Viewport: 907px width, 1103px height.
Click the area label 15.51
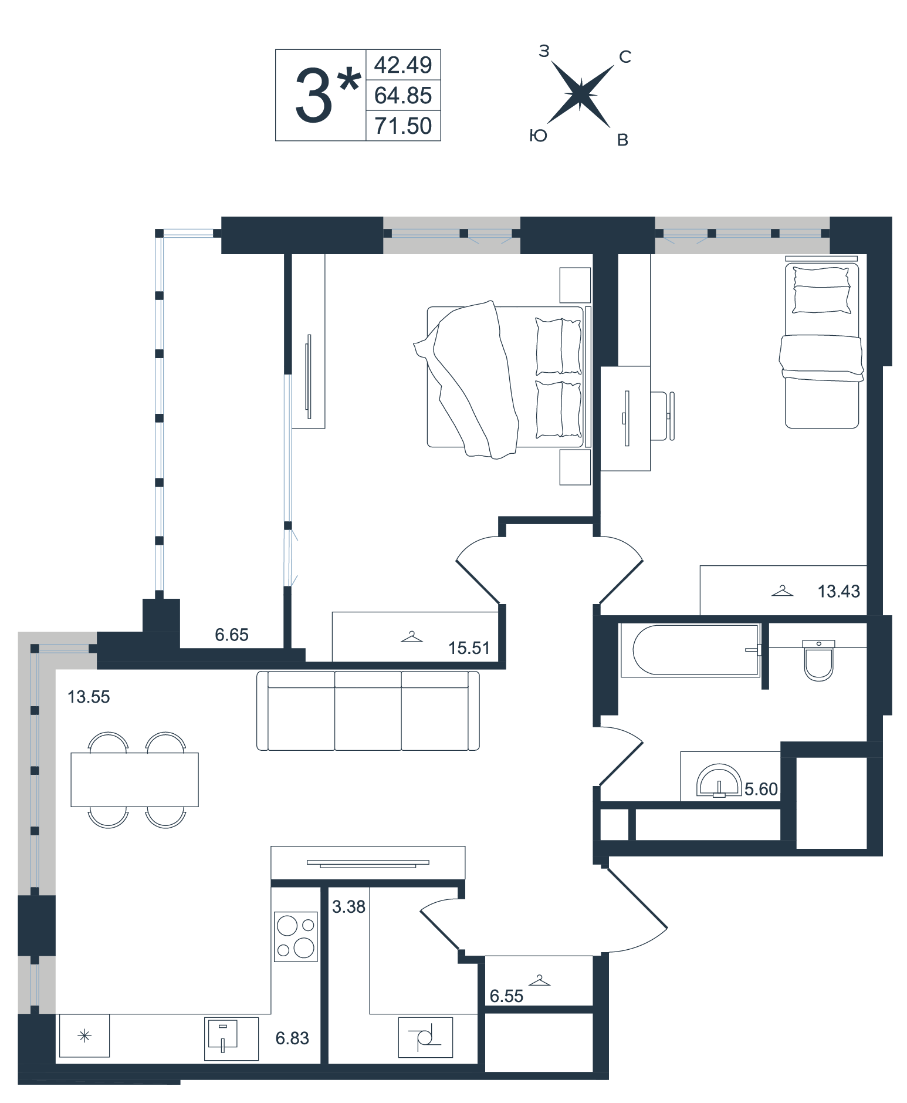[x=469, y=647]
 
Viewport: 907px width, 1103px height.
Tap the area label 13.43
[x=838, y=591]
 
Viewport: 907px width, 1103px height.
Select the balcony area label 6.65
[x=232, y=635]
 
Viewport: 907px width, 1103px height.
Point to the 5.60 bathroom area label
[x=761, y=789]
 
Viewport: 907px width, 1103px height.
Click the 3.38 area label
[x=348, y=907]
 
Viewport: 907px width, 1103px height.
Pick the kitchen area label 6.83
[x=292, y=1038]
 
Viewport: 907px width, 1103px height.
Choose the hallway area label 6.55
[x=506, y=996]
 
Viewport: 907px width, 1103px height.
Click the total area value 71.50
[x=403, y=126]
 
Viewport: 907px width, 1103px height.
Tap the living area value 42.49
[x=403, y=65]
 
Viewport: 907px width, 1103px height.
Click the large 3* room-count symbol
[x=326, y=95]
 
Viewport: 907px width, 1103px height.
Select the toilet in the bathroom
[x=818, y=660]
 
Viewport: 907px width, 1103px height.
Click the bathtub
[x=691, y=650]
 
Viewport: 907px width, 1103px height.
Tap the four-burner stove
[x=296, y=936]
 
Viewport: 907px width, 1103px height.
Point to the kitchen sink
[x=231, y=1038]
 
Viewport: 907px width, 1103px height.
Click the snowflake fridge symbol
[x=84, y=1036]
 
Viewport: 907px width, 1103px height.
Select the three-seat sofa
[x=368, y=711]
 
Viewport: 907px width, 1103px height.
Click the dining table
[x=134, y=780]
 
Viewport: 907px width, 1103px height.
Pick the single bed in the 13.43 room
[x=821, y=346]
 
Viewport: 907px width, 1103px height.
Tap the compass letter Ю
[x=538, y=136]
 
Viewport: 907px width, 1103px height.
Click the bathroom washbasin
[x=719, y=781]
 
